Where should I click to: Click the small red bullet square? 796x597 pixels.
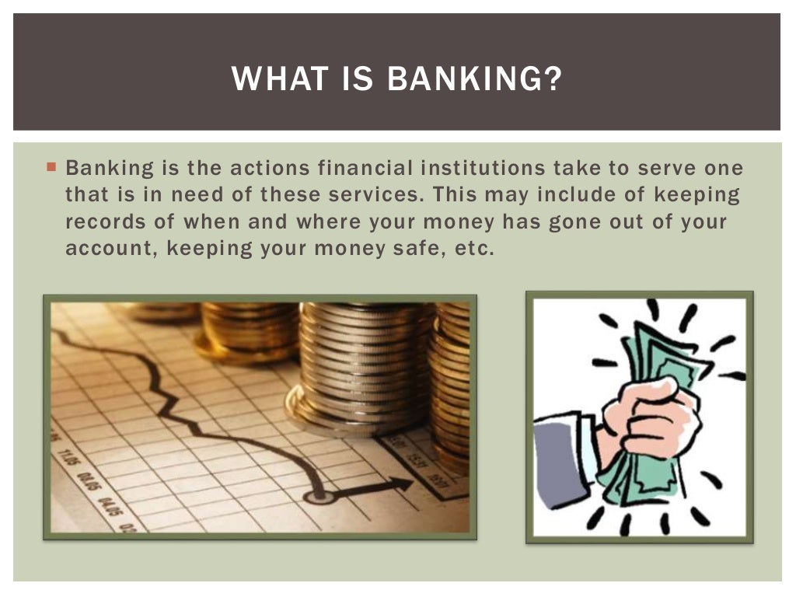pyautogui.click(x=51, y=166)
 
